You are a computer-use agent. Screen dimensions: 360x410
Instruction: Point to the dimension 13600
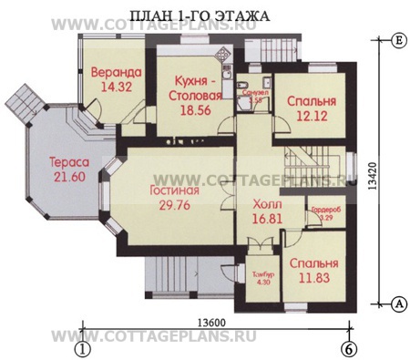pyautogui.click(x=212, y=322)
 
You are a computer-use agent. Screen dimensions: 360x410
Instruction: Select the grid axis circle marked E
pyautogui.click(x=398, y=42)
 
